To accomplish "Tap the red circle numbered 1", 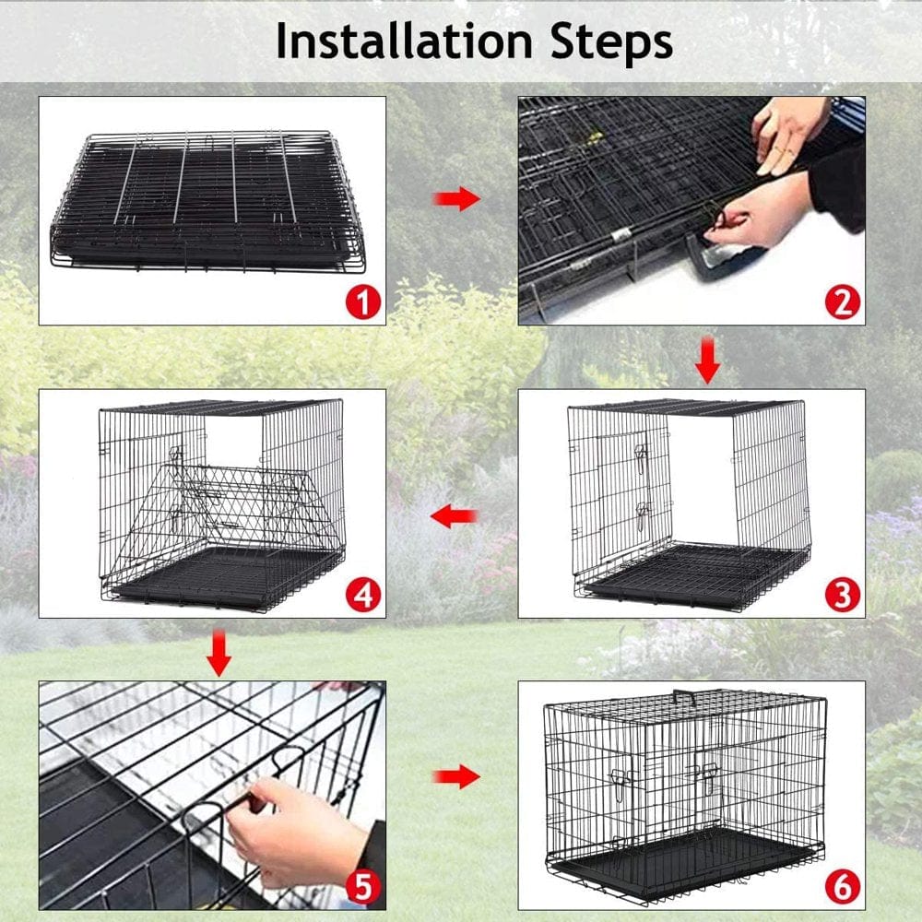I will [364, 302].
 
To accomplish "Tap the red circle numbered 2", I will [843, 302].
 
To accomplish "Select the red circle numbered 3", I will [843, 596].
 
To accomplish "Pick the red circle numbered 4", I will [364, 596].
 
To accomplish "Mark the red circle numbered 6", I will [843, 888].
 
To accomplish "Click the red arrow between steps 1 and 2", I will [456, 197].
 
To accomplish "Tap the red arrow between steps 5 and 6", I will [456, 777].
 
